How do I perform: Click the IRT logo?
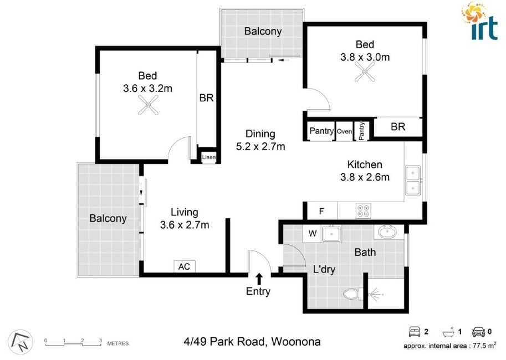[x=479, y=21]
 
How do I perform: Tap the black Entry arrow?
[x=259, y=279]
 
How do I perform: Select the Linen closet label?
[x=209, y=157]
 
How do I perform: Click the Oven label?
[x=344, y=131]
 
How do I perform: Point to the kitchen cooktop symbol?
[x=363, y=210]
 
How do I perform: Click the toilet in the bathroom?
[x=353, y=294]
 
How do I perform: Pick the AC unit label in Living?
[x=184, y=267]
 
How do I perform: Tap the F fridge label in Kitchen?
[x=321, y=211]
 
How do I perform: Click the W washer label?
[x=313, y=233]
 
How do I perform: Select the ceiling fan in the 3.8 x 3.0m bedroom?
[x=365, y=71]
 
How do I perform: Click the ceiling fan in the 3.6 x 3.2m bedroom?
[x=148, y=105]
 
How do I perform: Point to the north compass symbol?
[x=21, y=342]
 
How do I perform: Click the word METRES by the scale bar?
[x=119, y=343]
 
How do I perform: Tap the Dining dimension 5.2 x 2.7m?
[x=260, y=146]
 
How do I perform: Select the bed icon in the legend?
[x=415, y=332]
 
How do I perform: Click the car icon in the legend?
[x=478, y=332]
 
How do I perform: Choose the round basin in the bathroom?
[x=387, y=232]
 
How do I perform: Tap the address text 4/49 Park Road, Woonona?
[x=252, y=341]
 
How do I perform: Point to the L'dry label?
[x=324, y=269]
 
